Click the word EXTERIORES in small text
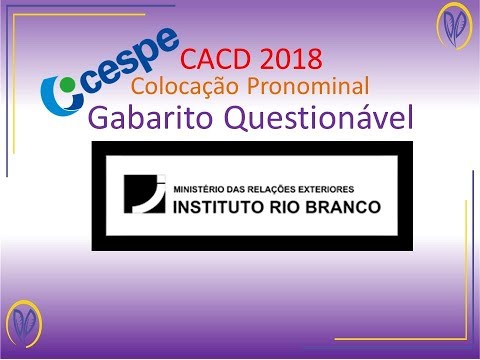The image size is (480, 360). (x=331, y=188)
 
